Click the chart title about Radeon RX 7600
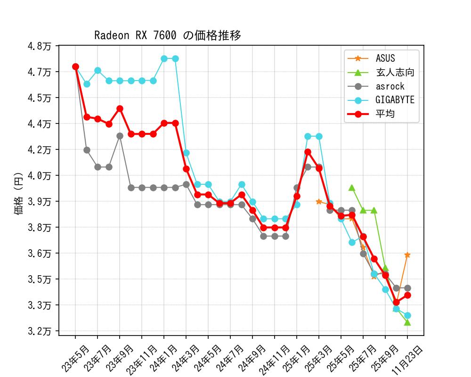point(168,35)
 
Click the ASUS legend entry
point(385,58)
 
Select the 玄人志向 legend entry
point(395,73)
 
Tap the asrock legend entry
point(390,86)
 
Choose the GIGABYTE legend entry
point(395,100)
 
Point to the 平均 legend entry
point(385,114)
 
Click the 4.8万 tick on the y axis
point(41,46)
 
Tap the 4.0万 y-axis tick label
point(41,175)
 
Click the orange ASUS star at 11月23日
point(407,255)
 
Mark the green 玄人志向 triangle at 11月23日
point(407,322)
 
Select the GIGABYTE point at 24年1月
point(164,58)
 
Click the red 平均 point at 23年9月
point(120,108)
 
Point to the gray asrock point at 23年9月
point(120,136)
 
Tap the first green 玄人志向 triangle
point(352,188)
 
